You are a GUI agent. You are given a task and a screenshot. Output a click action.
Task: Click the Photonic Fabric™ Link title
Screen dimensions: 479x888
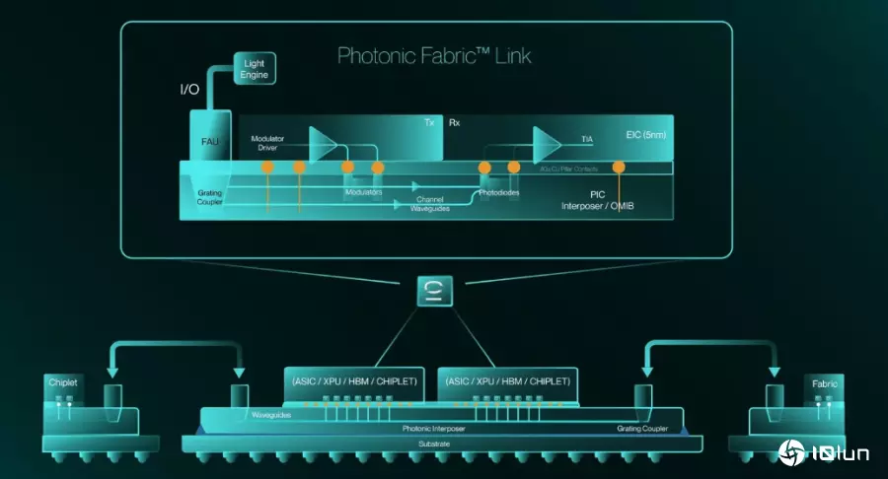(434, 55)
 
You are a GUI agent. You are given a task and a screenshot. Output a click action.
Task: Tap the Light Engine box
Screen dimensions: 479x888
(255, 69)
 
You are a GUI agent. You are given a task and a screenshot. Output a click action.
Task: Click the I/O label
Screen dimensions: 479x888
(189, 90)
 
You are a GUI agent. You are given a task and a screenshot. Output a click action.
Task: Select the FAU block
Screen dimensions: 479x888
(209, 140)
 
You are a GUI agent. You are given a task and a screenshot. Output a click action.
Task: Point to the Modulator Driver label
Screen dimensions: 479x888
(267, 144)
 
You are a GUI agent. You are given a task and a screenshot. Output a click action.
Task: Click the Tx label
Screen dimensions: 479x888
(429, 123)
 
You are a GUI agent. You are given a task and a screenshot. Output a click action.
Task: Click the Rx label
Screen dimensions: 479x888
(454, 123)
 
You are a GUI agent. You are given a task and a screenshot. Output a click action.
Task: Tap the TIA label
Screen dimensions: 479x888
(587, 140)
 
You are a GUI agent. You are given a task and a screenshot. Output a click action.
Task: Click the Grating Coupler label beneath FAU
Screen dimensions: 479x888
(209, 197)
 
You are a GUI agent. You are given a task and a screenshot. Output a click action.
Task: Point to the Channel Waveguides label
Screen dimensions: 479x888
(431, 203)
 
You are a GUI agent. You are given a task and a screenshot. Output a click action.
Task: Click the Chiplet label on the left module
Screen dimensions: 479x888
(62, 381)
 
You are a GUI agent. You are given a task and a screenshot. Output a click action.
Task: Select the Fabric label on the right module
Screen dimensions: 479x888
(825, 381)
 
